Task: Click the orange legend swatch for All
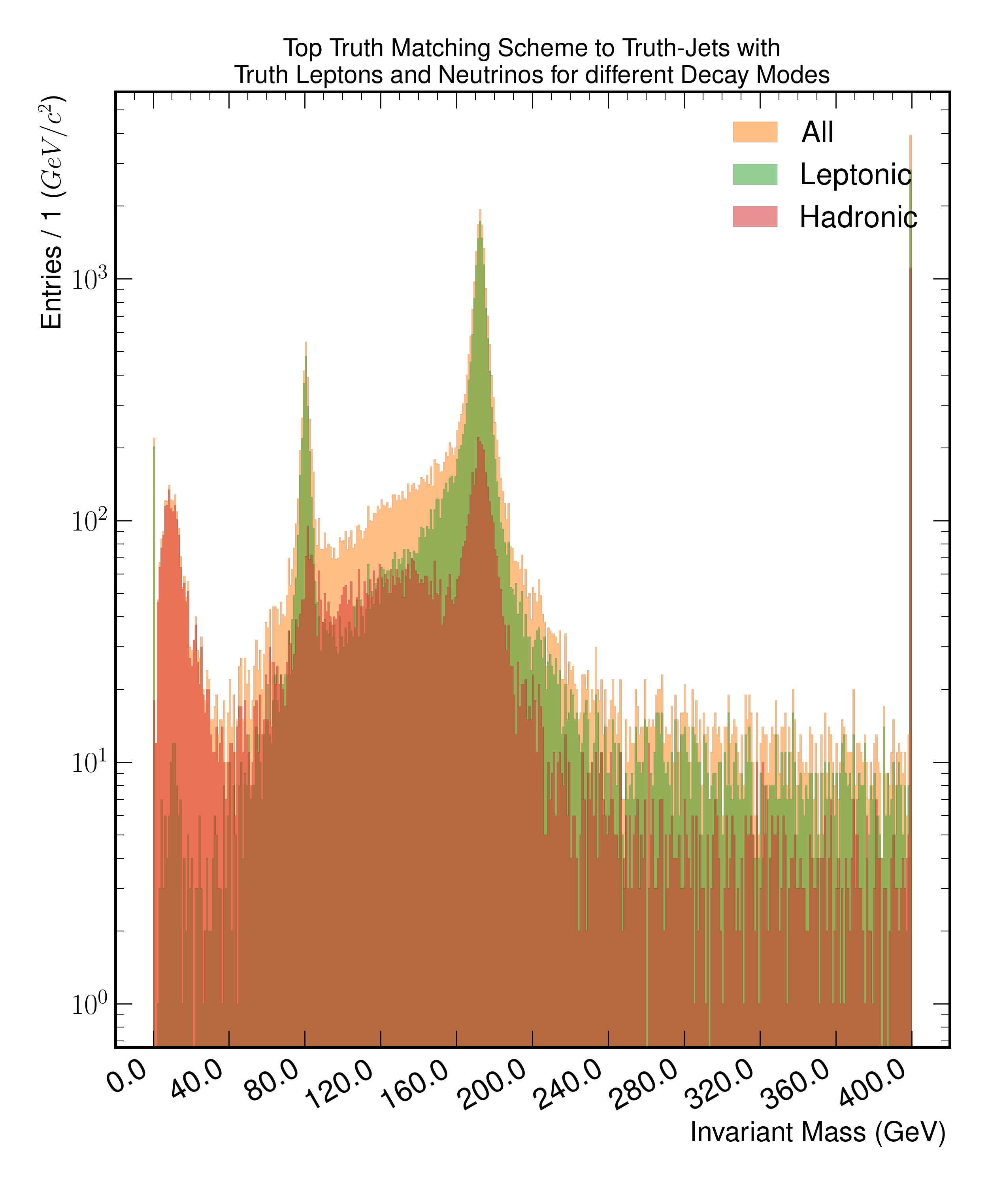tap(755, 132)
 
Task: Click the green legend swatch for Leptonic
tap(755, 174)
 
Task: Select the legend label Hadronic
tap(858, 217)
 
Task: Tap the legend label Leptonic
tap(855, 174)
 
